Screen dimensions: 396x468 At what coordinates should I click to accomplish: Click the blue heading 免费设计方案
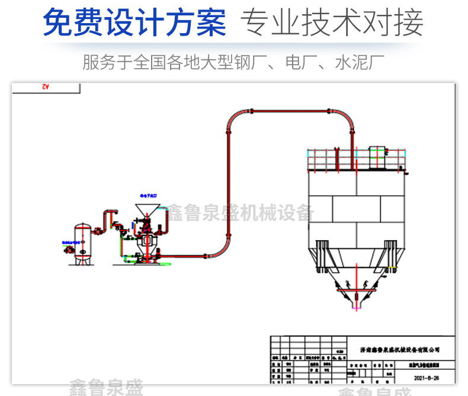134,23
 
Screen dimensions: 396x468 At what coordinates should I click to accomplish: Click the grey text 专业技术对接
331,23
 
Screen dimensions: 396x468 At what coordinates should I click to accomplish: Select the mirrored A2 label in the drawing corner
45,87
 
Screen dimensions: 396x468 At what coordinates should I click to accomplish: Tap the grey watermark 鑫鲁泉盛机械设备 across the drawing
239,212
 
